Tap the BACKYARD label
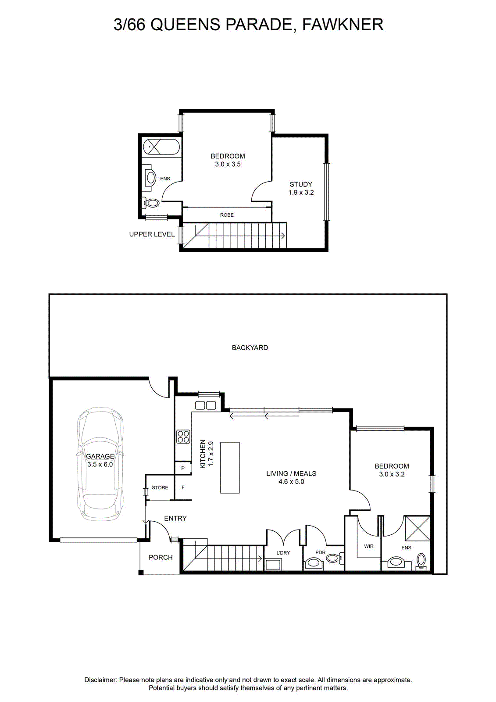[x=250, y=347]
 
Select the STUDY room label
[x=301, y=184]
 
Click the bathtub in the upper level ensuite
[x=161, y=147]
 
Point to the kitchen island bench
[x=230, y=468]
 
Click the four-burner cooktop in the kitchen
[x=183, y=437]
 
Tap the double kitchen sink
[x=206, y=405]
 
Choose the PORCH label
[x=161, y=557]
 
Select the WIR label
[x=369, y=546]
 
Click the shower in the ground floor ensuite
[x=417, y=528]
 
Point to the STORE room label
[x=160, y=487]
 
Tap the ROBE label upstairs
[x=227, y=215]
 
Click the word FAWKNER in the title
[x=343, y=25]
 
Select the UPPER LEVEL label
[x=152, y=234]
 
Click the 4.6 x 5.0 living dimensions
[x=291, y=481]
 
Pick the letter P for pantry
[x=183, y=468]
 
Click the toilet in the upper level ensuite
[x=151, y=203]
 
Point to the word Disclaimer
[x=101, y=680]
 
